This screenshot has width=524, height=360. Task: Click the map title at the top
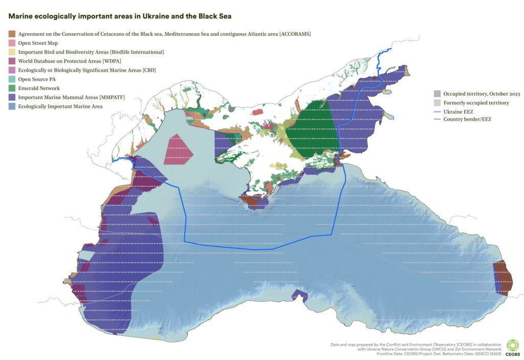(120, 16)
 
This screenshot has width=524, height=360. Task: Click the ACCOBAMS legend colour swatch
(11, 34)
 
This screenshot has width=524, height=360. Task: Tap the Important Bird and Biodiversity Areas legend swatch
(11, 52)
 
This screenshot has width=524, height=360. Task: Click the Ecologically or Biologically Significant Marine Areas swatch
(11, 70)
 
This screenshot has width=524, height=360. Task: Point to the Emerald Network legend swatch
(11, 88)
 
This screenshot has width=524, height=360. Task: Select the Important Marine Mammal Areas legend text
(72, 97)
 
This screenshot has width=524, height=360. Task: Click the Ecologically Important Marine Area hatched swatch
(11, 106)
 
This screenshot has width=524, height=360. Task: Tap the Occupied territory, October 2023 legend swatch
(437, 94)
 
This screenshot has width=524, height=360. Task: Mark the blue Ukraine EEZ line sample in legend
(437, 111)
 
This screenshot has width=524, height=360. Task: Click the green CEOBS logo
(512, 346)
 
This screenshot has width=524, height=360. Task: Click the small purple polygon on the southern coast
(299, 295)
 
